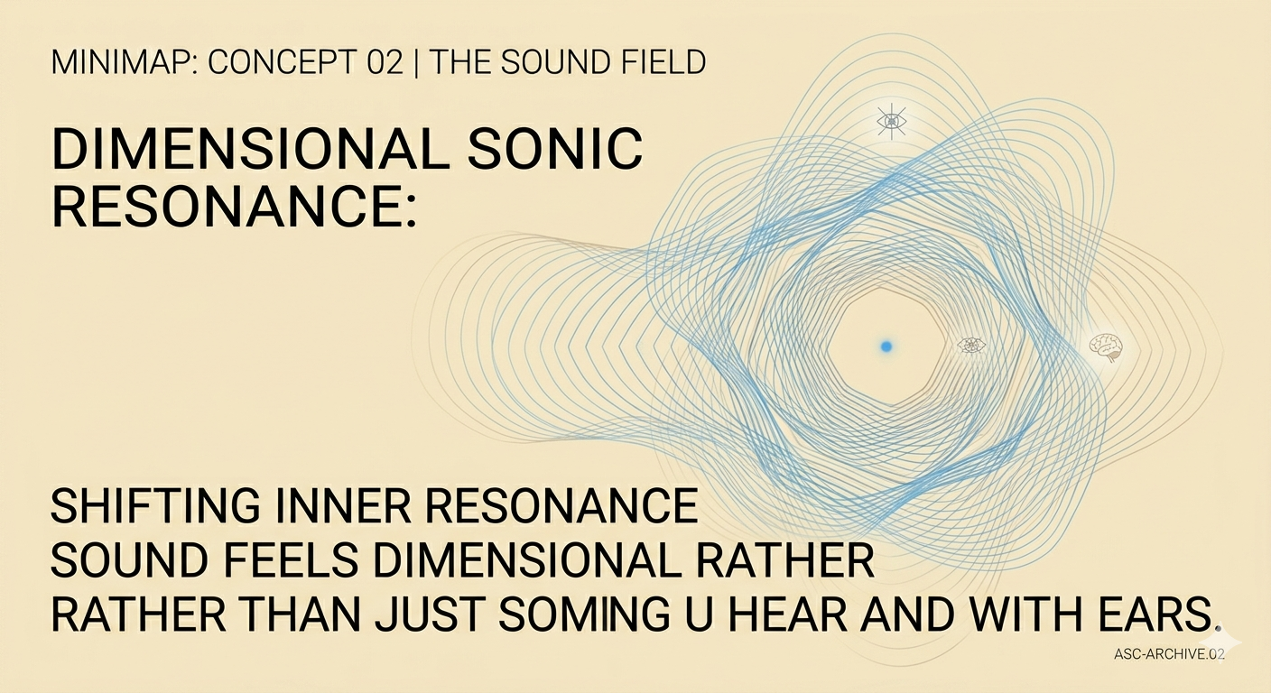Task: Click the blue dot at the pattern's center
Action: (x=886, y=346)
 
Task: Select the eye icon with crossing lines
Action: (x=891, y=121)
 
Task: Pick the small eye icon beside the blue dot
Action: (x=970, y=345)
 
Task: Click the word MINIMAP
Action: (x=110, y=63)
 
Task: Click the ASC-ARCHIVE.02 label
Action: (x=1170, y=655)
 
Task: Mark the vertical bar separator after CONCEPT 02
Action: (x=417, y=63)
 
